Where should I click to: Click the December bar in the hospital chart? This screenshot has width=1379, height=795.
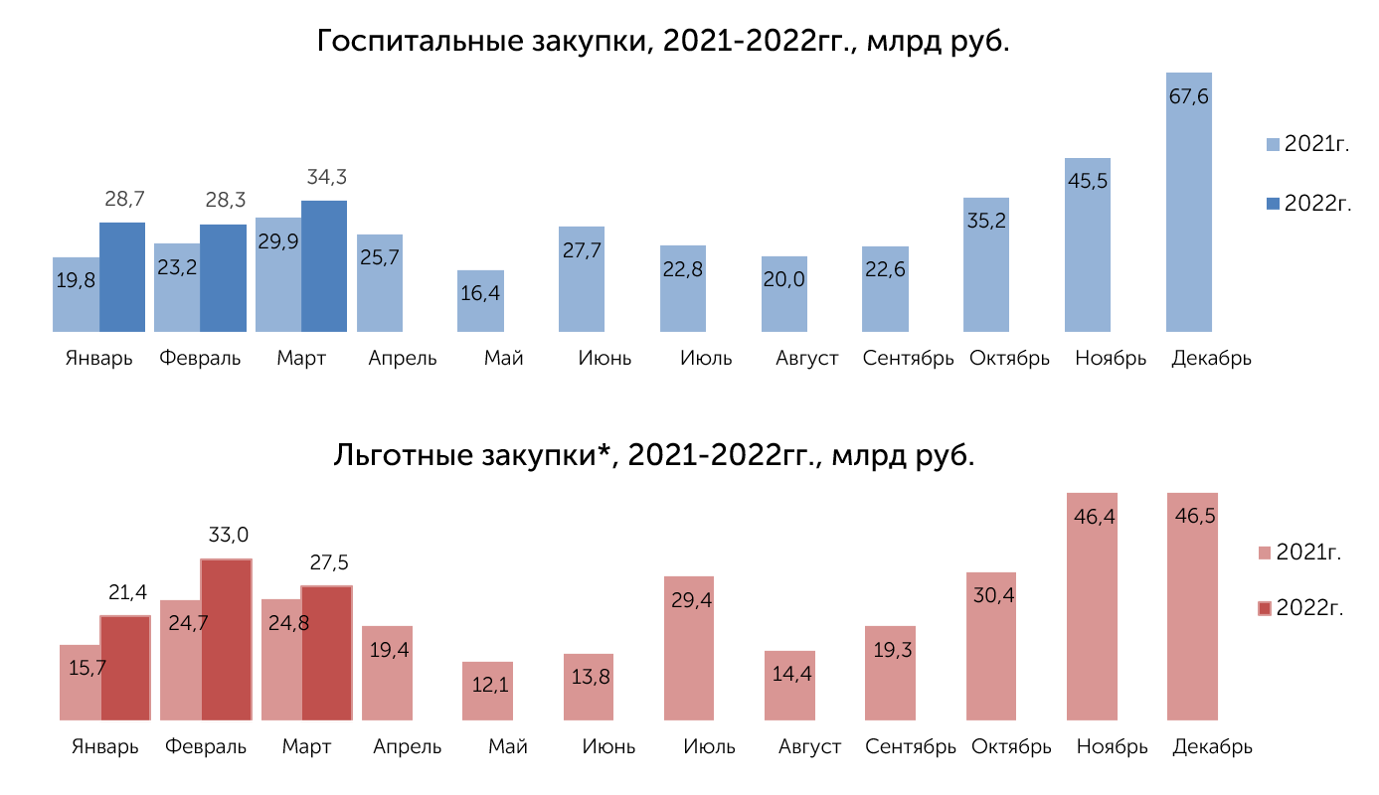[x=1189, y=203]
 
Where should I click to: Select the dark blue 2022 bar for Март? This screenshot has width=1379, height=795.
[x=324, y=266]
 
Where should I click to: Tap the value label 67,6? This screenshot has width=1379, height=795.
[x=1189, y=96]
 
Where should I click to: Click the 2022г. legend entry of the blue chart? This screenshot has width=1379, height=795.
[x=1308, y=204]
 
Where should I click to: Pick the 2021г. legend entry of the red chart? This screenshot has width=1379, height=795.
[x=1300, y=553]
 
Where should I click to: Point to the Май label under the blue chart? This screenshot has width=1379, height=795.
[x=504, y=358]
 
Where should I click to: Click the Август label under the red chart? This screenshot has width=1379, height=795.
[x=809, y=746]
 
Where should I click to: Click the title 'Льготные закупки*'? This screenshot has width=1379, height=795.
[x=474, y=455]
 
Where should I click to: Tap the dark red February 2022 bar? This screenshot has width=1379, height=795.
[x=227, y=639]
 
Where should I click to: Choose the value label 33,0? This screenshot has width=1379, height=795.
[x=229, y=535]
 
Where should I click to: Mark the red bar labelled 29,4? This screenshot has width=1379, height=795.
[x=689, y=649]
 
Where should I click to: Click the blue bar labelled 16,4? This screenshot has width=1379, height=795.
[x=480, y=301]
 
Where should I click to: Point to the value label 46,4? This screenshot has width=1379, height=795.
[x=1094, y=517]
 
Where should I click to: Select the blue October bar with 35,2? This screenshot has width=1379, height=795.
[x=986, y=265]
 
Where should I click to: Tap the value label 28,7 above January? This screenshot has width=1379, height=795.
[x=124, y=199]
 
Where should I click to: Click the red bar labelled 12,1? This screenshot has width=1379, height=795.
[x=487, y=691]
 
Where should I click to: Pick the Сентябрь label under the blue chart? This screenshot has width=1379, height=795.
[x=908, y=358]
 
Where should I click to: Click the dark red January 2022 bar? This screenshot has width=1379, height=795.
[x=125, y=668]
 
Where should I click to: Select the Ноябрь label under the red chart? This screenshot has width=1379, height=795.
[x=1112, y=746]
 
